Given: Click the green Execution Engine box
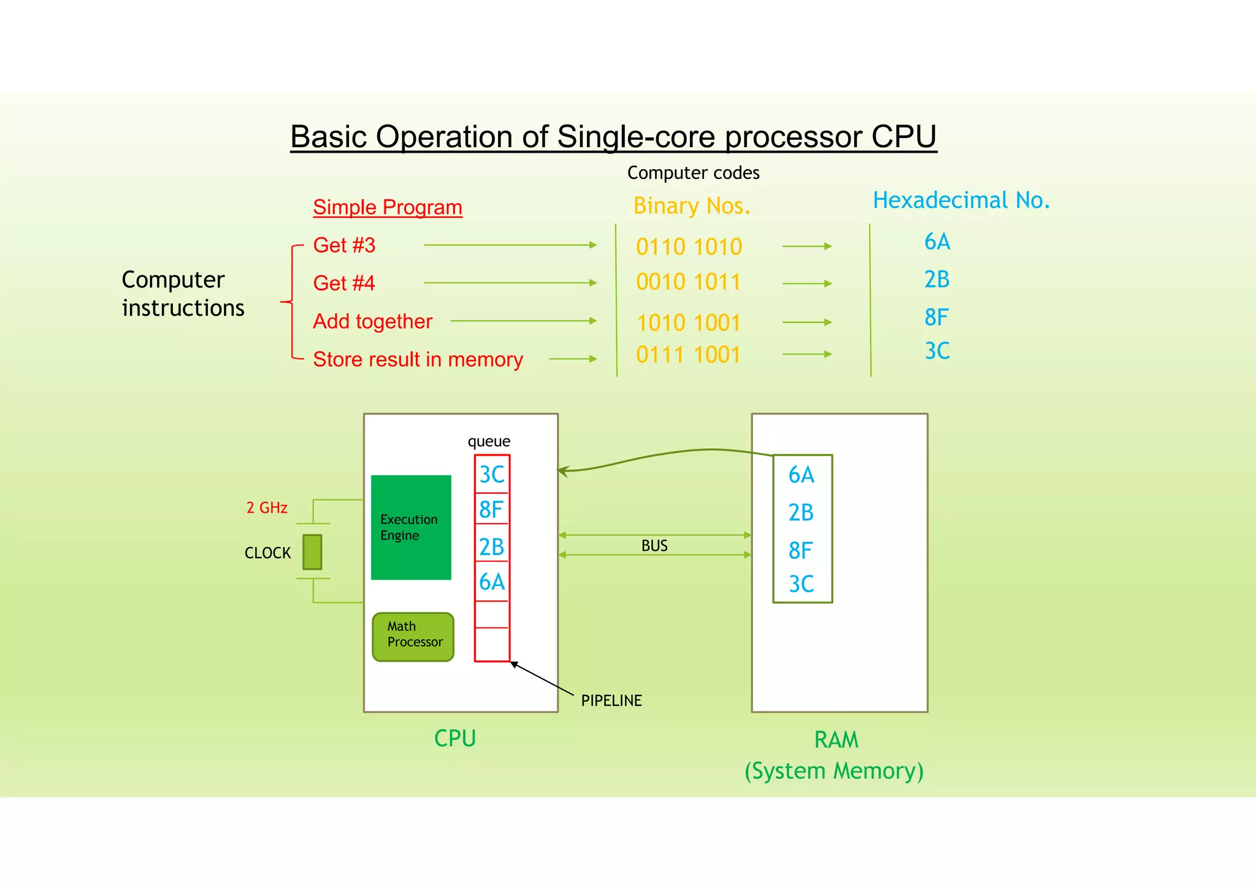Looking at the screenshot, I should click(411, 527).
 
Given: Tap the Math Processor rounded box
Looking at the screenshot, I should click(413, 637).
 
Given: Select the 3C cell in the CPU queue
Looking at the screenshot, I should click(492, 474).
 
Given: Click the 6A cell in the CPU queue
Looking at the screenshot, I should click(492, 582).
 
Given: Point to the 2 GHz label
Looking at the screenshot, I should click(267, 508).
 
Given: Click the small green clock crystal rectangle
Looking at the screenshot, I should click(312, 551).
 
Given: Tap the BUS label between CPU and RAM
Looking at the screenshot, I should click(654, 545).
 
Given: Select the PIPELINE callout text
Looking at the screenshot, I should click(611, 700).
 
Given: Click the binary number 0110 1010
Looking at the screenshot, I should click(689, 247).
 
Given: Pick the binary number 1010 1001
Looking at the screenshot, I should click(688, 323).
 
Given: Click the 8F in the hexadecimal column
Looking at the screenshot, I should click(936, 317).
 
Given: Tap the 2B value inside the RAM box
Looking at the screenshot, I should click(801, 512).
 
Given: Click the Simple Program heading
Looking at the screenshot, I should click(387, 207).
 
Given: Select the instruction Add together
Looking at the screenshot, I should click(372, 321).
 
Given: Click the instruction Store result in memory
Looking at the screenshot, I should click(418, 359).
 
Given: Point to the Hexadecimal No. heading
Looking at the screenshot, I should click(961, 200).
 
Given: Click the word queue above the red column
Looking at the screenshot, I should click(489, 441).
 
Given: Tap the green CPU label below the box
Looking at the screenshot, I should click(454, 738).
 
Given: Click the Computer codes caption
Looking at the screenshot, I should click(693, 173).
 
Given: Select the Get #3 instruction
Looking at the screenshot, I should click(344, 245).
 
